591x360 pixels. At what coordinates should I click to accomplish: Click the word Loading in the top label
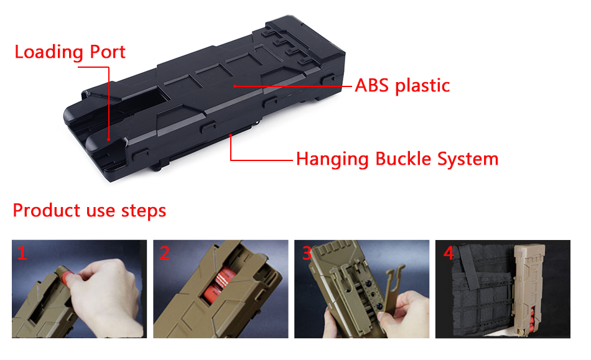[49, 52]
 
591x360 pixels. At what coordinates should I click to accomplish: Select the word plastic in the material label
[422, 86]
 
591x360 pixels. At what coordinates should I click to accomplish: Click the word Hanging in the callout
[332, 159]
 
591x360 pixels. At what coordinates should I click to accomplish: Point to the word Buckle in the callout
[403, 159]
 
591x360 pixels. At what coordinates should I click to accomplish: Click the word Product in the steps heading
[47, 210]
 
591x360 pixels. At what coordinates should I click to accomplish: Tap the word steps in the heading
[144, 211]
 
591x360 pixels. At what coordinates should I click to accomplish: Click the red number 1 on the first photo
[22, 253]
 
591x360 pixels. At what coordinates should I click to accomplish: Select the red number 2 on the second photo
[164, 253]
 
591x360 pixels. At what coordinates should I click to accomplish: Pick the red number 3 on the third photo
[307, 253]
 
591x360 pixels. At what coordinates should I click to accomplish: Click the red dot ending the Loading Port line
[108, 139]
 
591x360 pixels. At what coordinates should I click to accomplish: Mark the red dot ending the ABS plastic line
[235, 86]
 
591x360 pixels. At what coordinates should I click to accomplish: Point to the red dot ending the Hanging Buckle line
[230, 135]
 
